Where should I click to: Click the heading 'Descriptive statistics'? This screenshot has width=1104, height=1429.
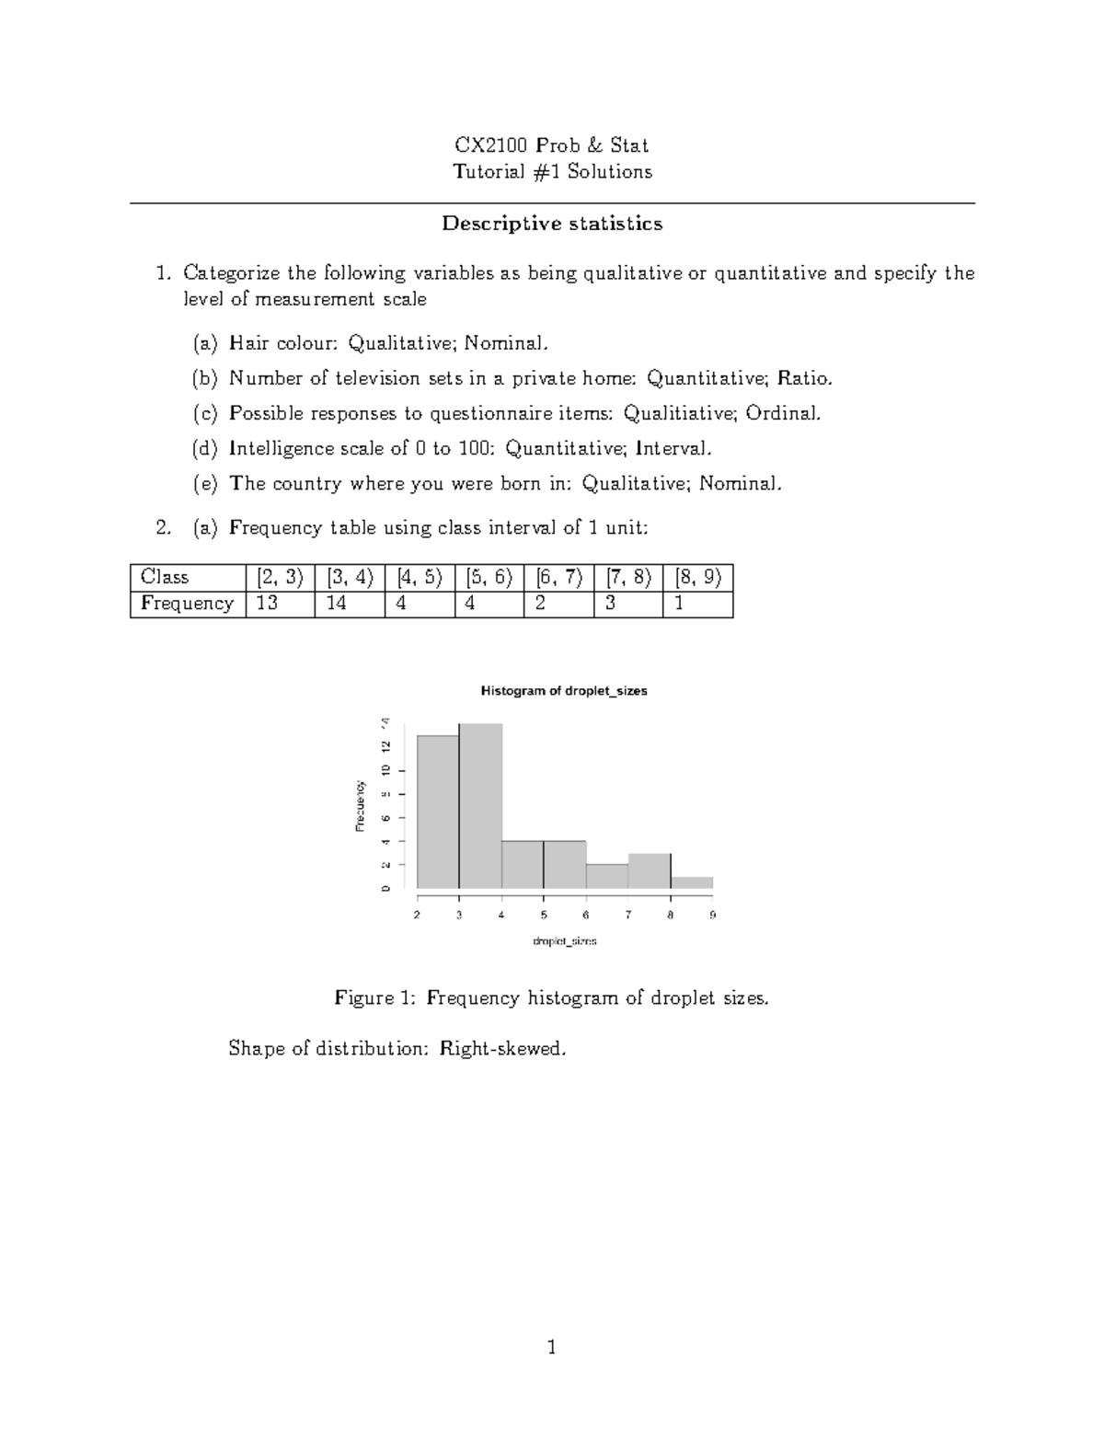point(552,224)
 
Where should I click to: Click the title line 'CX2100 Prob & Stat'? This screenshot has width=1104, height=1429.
point(552,145)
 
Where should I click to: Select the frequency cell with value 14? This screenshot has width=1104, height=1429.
point(349,604)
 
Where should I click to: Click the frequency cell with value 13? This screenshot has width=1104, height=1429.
point(280,604)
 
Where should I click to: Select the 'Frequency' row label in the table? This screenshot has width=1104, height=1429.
point(188,604)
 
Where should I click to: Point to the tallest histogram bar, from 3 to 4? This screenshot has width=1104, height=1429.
point(480,806)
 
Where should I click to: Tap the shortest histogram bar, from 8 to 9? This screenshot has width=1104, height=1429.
point(692,882)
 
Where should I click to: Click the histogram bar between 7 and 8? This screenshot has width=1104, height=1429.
point(650,870)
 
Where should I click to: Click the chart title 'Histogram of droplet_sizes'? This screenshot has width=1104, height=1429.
point(564,691)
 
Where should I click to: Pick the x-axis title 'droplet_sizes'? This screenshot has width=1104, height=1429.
point(565,941)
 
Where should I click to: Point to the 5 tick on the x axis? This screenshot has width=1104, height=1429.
point(544,915)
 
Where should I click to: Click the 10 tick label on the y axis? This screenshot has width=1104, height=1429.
point(386,770)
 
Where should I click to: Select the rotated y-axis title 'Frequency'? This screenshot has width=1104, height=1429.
point(361,806)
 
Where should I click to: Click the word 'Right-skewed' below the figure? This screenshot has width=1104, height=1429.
point(500,1048)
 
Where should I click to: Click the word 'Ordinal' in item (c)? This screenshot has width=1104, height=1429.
point(782,414)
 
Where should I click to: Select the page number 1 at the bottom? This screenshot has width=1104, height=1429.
point(552,1348)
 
